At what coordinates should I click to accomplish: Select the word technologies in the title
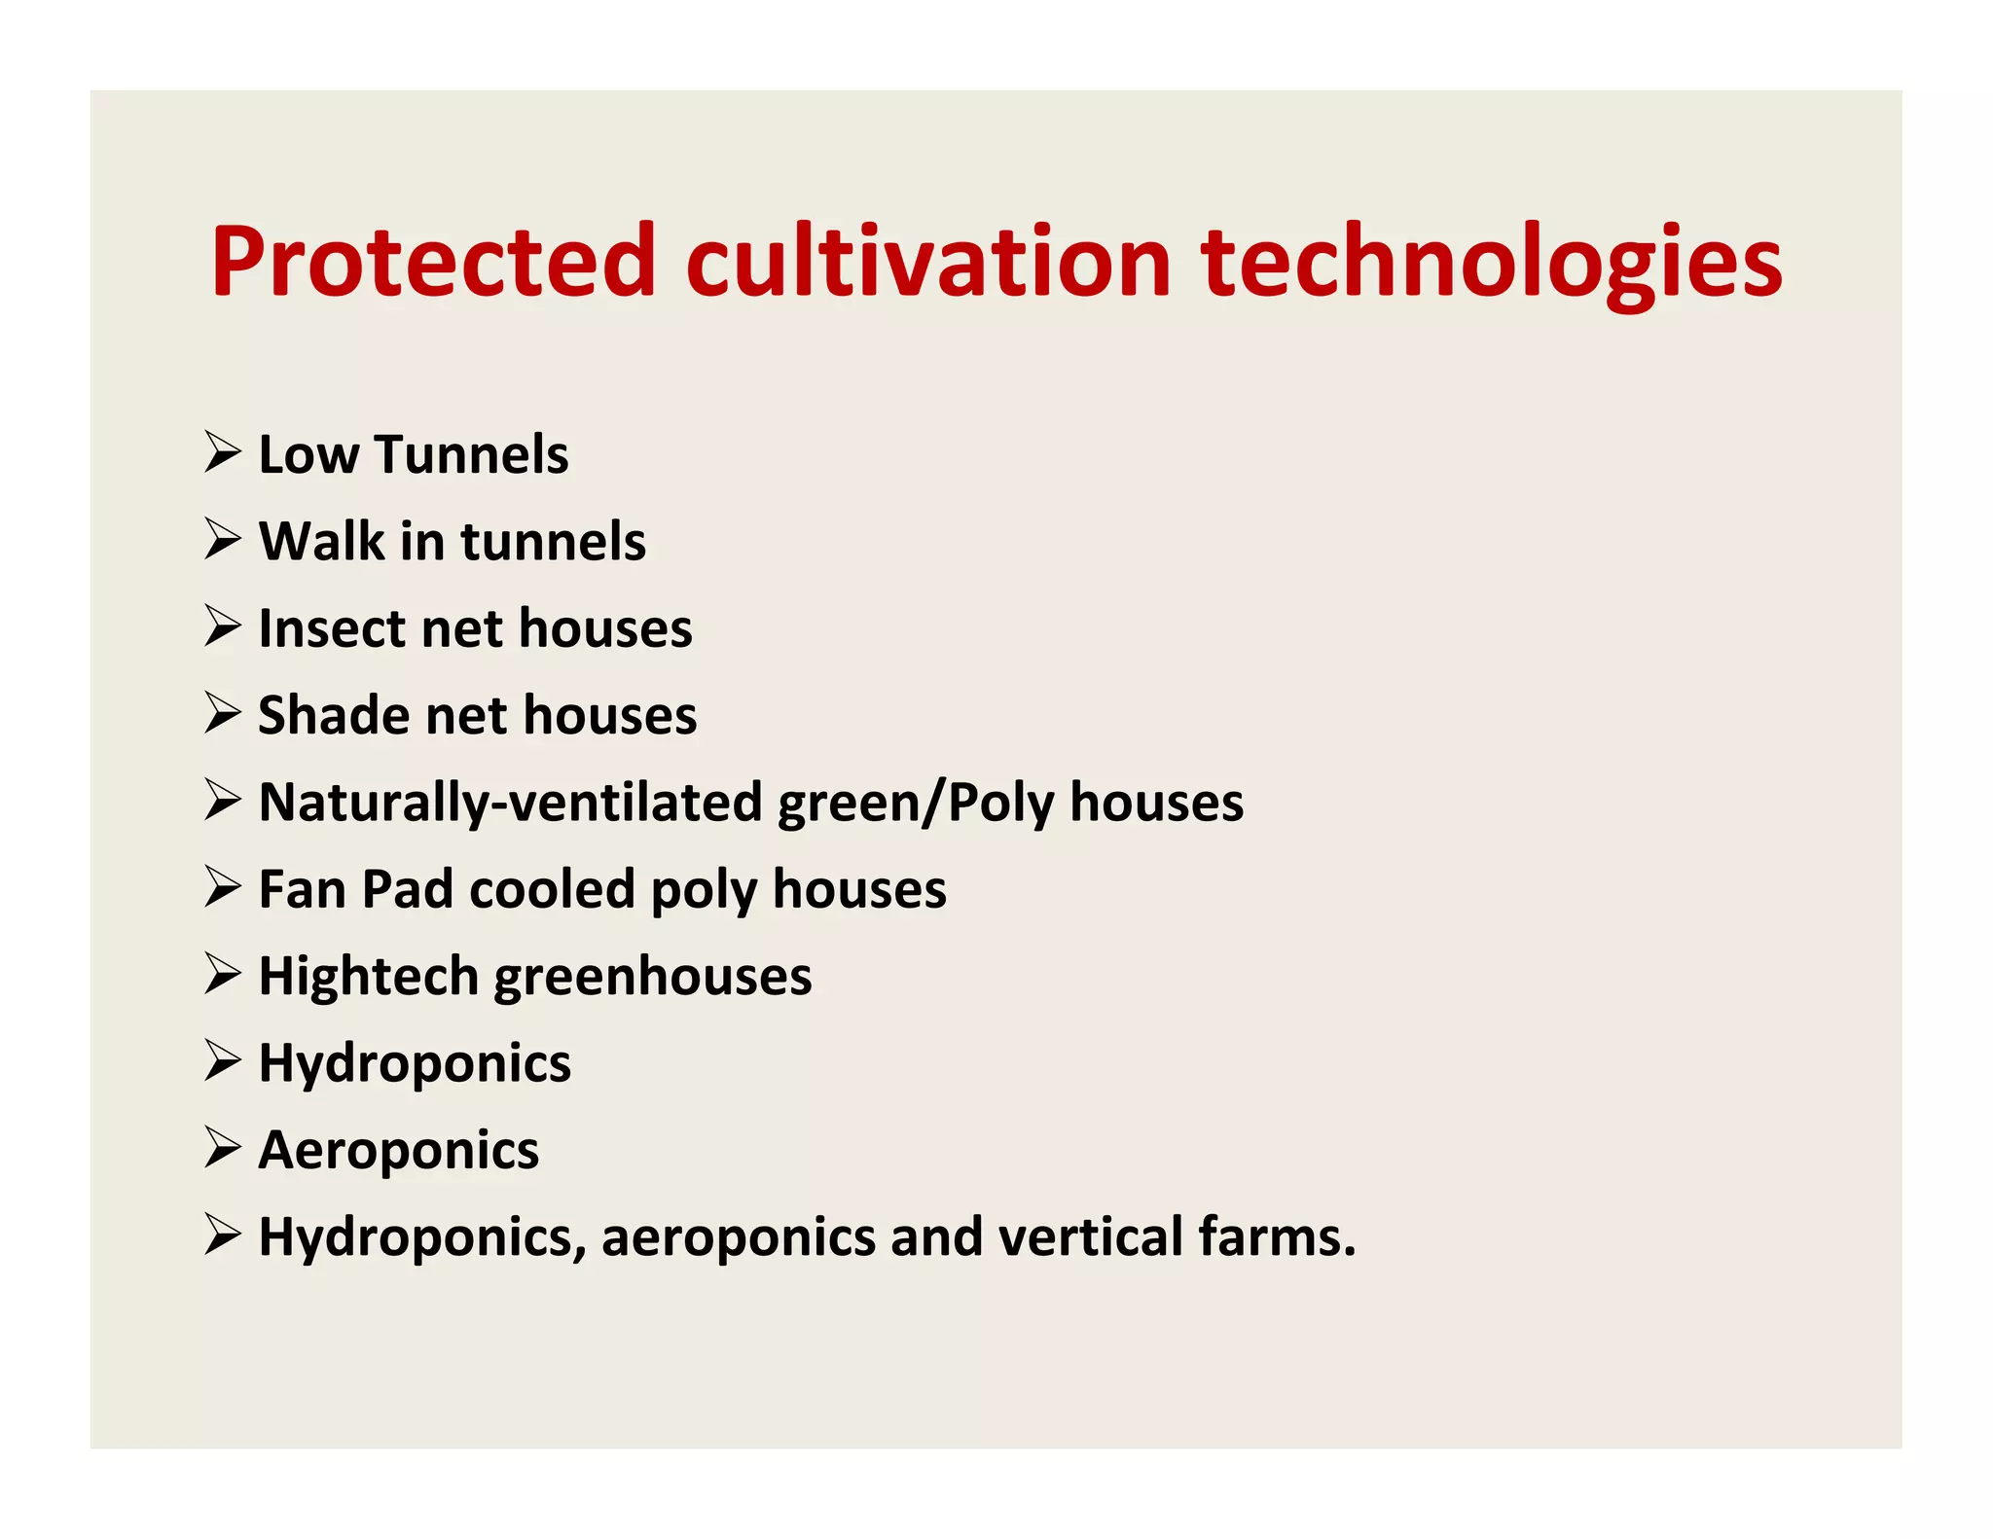pos(1491,263)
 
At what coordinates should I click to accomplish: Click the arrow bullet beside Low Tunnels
pos(223,452)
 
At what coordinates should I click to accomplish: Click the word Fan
pos(302,889)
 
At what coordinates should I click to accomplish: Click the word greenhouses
pos(653,978)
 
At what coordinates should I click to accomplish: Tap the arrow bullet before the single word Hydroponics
pos(223,1061)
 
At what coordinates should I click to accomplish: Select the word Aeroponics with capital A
pos(398,1151)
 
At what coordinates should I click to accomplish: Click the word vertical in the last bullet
pos(1091,1236)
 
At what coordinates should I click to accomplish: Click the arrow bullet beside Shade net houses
pos(223,714)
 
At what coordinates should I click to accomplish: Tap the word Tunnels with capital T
pos(471,454)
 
